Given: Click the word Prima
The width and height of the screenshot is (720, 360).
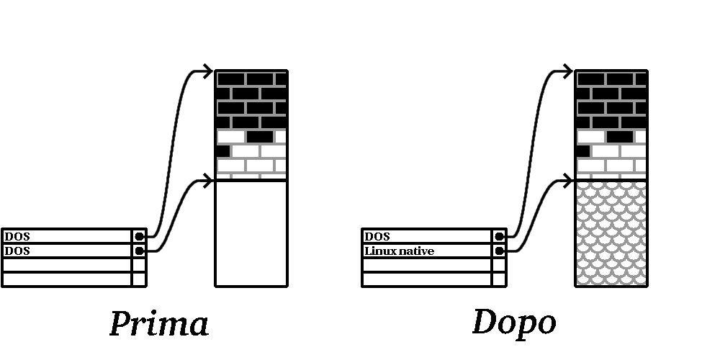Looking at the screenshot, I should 159,323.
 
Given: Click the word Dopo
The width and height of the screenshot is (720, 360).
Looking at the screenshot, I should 514,322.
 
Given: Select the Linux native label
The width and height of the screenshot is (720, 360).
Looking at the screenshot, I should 400,251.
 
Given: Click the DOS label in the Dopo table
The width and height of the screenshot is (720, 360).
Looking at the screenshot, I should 377,236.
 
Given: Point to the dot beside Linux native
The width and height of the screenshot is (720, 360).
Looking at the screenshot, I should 499,251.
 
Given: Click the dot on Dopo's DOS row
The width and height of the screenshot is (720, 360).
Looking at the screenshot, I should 499,236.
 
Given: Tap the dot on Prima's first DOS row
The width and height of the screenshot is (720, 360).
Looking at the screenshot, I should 139,236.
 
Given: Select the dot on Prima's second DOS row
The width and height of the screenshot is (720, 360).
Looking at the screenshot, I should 139,251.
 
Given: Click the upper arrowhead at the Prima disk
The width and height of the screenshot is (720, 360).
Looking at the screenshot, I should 209,71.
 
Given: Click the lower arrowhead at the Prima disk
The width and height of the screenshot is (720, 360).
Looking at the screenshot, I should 209,180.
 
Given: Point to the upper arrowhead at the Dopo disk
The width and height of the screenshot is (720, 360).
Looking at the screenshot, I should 569,71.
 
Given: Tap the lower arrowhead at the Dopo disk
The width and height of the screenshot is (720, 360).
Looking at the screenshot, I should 569,180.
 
